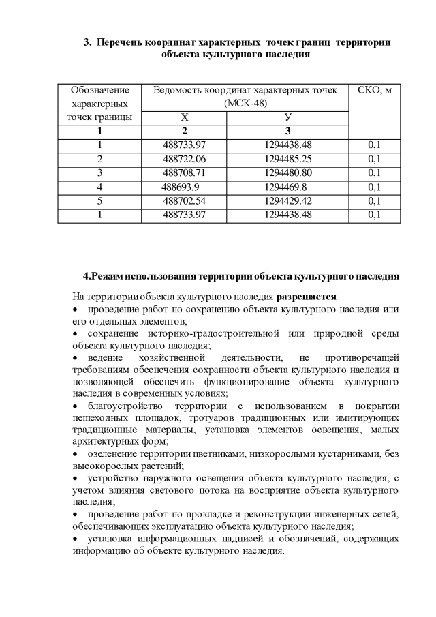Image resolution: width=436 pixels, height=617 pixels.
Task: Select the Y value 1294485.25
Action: click(x=287, y=159)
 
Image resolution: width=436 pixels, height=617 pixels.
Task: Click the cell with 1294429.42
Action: click(x=287, y=201)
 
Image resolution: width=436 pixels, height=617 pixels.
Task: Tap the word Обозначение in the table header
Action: click(x=99, y=91)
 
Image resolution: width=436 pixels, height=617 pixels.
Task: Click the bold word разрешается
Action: click(x=306, y=297)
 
